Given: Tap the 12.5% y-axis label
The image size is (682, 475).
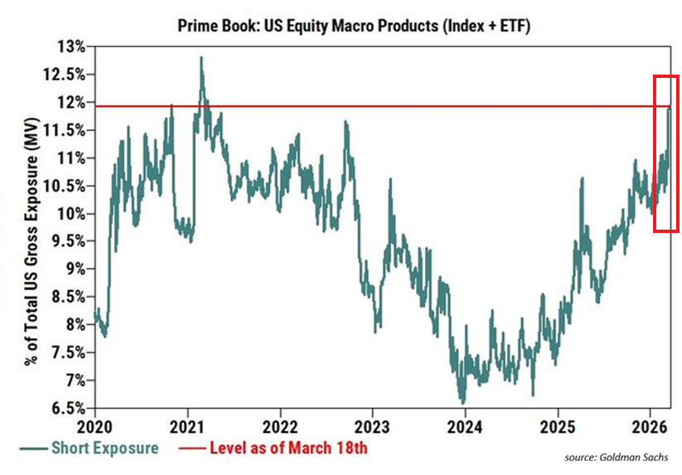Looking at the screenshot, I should point(65,75).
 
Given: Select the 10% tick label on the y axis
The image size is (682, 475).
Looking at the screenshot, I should point(71,214).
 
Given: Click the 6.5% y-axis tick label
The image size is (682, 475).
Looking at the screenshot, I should point(67,409).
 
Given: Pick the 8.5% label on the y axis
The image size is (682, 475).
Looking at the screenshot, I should point(67,297).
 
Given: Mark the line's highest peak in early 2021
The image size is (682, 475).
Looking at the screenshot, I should point(201,58).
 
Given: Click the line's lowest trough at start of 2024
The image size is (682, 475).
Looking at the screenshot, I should point(462,402).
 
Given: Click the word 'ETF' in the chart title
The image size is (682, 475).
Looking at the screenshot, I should point(509,27).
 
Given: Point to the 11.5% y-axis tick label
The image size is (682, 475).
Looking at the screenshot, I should point(65,130).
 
